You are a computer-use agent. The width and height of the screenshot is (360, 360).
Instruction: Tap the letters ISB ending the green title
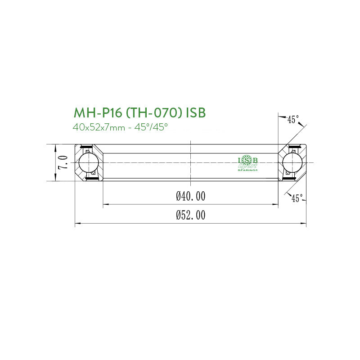pyautogui.click(x=196, y=112)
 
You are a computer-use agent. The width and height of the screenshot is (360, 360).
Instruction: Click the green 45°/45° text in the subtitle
pyautogui.click(x=153, y=127)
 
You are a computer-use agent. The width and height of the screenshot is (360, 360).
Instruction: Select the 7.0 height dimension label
pyautogui.click(x=63, y=162)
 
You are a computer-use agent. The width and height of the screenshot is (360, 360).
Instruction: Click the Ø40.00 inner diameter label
pyautogui.click(x=191, y=196)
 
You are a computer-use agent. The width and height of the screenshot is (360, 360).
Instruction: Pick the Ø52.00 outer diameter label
pyautogui.click(x=191, y=216)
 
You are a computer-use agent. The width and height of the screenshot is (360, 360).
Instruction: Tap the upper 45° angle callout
pyautogui.click(x=292, y=119)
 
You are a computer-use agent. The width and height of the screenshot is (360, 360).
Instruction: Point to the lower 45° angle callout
pyautogui.click(x=297, y=198)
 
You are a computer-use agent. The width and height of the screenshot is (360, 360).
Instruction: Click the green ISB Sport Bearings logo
pyautogui.click(x=247, y=163)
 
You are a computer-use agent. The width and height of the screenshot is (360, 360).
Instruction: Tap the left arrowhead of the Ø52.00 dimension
pyautogui.click(x=77, y=222)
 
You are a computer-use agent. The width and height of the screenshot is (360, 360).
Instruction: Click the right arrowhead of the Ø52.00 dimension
pyautogui.click(x=303, y=222)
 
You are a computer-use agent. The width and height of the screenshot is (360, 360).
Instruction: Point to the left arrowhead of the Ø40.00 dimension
pyautogui.click(x=106, y=205)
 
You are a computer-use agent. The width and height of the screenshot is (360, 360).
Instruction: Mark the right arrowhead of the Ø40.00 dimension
pyautogui.click(x=275, y=205)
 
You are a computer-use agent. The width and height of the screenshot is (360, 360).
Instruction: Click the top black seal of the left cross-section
pyautogui.click(x=84, y=147)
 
